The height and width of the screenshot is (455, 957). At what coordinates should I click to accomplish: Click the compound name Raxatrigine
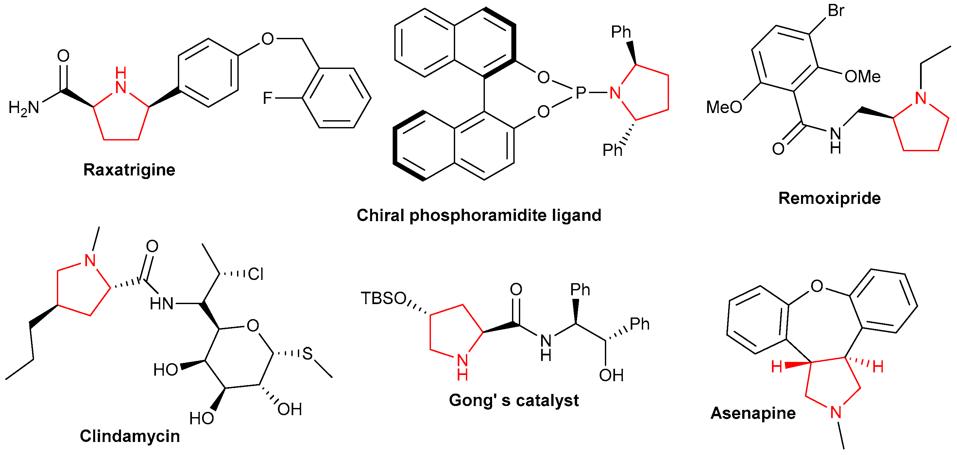click(x=129, y=170)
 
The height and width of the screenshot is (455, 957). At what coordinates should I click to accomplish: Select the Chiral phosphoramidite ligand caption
click(x=479, y=215)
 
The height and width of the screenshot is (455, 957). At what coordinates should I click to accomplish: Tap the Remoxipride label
click(x=829, y=198)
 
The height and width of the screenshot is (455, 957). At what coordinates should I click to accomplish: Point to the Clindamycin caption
click(x=130, y=436)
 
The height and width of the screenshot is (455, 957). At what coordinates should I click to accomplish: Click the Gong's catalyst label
click(x=513, y=400)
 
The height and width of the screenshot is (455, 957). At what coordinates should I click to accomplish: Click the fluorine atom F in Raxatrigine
click(x=267, y=98)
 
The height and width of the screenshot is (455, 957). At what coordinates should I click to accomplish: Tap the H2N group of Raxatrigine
click(x=24, y=108)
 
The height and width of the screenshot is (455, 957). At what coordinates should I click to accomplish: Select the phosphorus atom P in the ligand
click(x=580, y=93)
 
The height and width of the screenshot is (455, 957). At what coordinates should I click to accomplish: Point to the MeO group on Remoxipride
click(x=723, y=107)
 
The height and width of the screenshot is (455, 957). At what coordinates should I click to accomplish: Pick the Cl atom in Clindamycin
click(x=256, y=274)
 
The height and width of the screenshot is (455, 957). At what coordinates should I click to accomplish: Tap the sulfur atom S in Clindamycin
click(x=307, y=353)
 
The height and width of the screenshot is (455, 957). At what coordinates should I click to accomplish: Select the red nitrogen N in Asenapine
click(x=836, y=412)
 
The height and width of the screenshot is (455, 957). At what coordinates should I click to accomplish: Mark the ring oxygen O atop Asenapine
click(x=816, y=286)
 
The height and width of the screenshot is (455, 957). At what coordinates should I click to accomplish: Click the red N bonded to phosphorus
click(x=615, y=93)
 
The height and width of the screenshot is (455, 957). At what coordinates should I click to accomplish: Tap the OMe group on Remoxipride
click(x=862, y=77)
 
